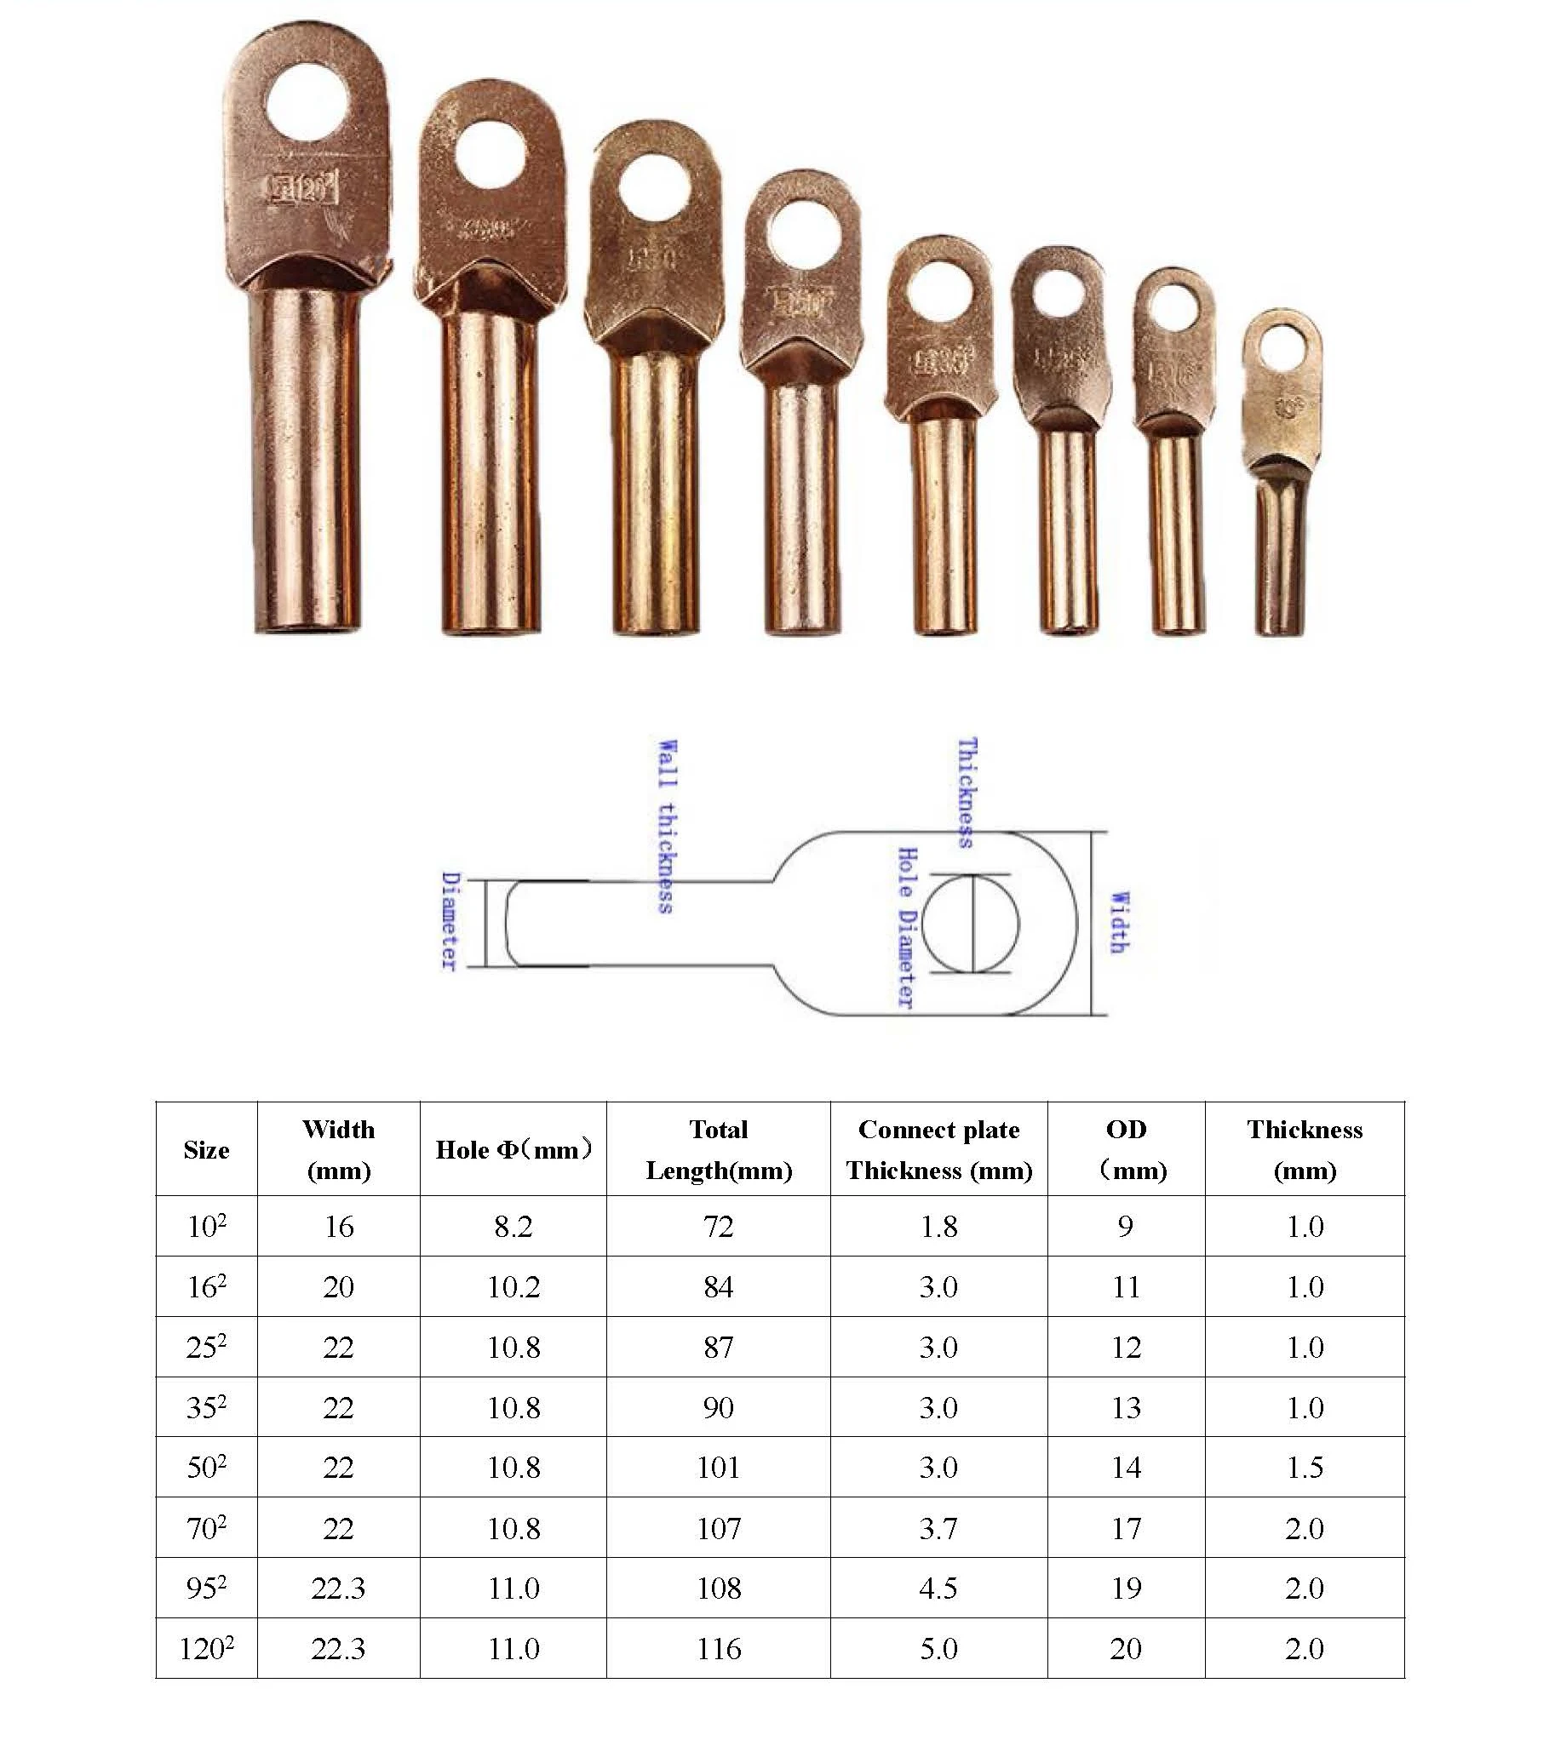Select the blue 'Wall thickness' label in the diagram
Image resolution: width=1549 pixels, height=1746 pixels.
pyautogui.click(x=668, y=826)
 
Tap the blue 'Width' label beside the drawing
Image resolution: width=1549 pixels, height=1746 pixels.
pyautogui.click(x=1118, y=923)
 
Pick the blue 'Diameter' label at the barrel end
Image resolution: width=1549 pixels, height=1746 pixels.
pyautogui.click(x=450, y=922)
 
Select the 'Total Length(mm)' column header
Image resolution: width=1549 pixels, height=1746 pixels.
pyautogui.click(x=719, y=1149)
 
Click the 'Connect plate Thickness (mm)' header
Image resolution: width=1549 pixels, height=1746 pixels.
pyautogui.click(x=938, y=1149)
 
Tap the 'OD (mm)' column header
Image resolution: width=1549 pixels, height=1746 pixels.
pyautogui.click(x=1126, y=1149)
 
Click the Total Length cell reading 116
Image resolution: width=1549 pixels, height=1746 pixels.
pyautogui.click(x=719, y=1648)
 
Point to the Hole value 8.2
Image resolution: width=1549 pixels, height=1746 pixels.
pyautogui.click(x=513, y=1227)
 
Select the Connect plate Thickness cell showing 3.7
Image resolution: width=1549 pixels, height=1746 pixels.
pyautogui.click(x=938, y=1528)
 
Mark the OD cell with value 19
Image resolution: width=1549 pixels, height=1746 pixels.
pyautogui.click(x=1126, y=1588)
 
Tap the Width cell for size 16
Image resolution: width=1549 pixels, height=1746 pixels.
pyautogui.click(x=338, y=1287)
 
